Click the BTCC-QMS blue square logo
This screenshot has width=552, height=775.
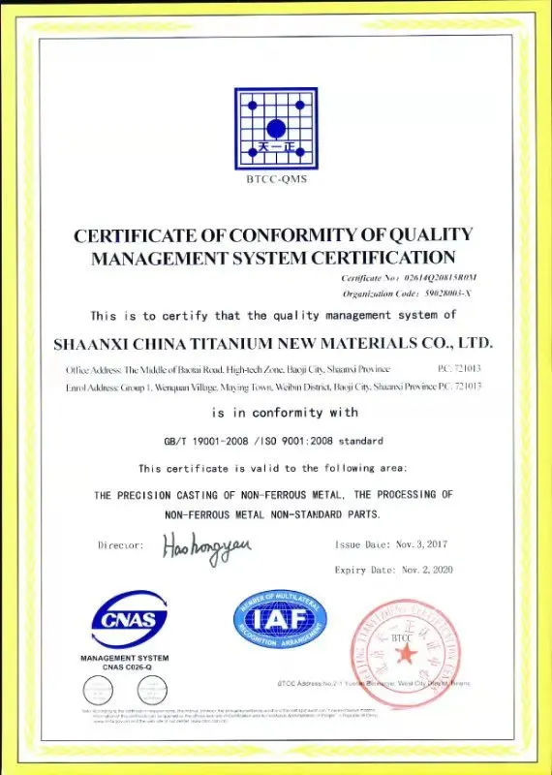[x=275, y=129]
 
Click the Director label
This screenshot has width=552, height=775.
[x=122, y=545]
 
